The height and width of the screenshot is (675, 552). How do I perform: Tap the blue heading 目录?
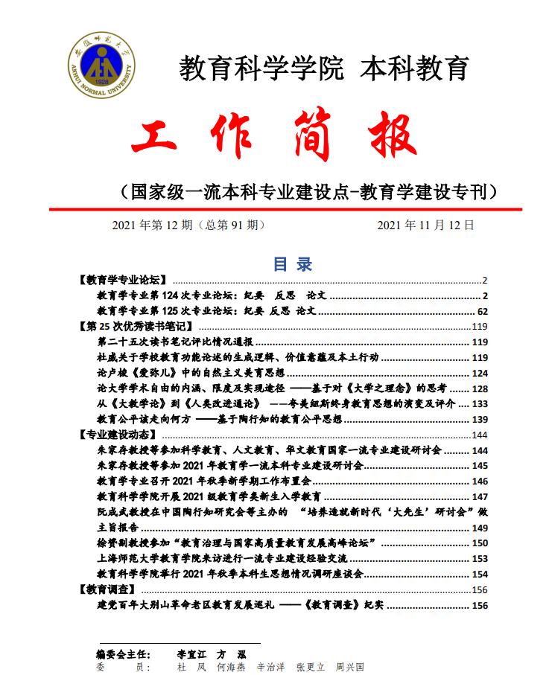[x=293, y=263]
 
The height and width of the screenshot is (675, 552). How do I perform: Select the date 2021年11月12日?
[x=425, y=225]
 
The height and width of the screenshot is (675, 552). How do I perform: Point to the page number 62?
[x=482, y=311]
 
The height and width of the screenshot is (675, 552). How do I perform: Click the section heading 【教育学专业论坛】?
[x=121, y=281]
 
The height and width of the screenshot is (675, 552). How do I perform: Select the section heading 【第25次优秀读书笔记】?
[x=136, y=327]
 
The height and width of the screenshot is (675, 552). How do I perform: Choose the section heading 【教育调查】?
[x=106, y=589]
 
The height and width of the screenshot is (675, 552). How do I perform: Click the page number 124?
[x=480, y=373]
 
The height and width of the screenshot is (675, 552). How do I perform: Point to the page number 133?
[x=480, y=403]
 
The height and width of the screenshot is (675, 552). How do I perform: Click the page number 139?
[x=480, y=420]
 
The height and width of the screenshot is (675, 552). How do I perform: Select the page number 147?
[x=480, y=496]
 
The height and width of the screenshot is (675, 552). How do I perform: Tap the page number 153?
[x=480, y=558]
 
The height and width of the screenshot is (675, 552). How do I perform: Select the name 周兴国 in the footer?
[x=350, y=668]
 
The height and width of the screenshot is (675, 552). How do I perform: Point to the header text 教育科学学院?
[x=260, y=68]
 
